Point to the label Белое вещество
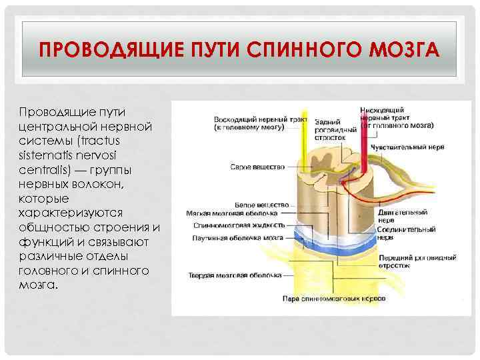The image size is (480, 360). (262, 204)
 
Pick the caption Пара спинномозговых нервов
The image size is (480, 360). (334, 299)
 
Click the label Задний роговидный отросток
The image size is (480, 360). (331, 129)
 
